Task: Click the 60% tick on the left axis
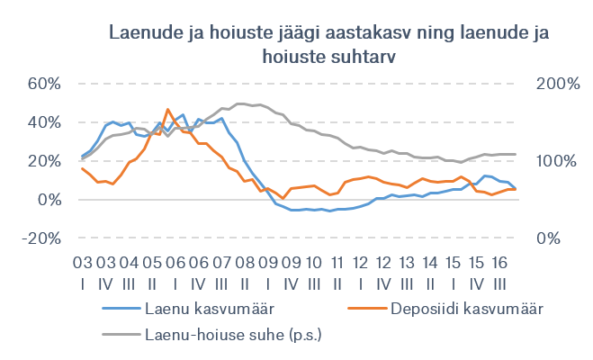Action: pos(43,84)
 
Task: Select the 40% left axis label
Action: pos(43,122)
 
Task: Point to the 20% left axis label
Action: pos(43,161)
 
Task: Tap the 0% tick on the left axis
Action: pos(49,200)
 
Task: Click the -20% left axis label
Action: pos(40,238)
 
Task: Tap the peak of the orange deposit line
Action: pos(167,110)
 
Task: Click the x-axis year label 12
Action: pos(360,262)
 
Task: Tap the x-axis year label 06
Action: pos(174,262)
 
